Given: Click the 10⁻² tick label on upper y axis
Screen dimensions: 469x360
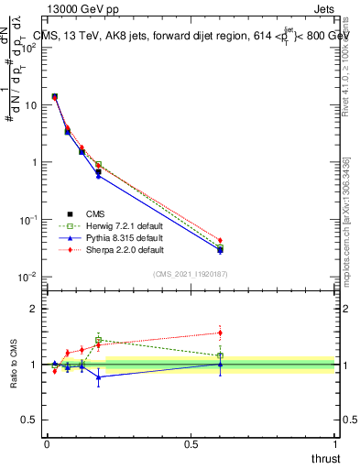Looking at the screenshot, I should [x=27, y=277].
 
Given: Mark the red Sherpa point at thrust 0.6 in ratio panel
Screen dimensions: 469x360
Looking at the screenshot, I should [x=220, y=333].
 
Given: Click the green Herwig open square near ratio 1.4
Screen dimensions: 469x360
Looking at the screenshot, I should [x=98, y=340].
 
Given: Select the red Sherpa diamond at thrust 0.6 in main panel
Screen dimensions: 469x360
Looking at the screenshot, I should [x=220, y=240].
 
